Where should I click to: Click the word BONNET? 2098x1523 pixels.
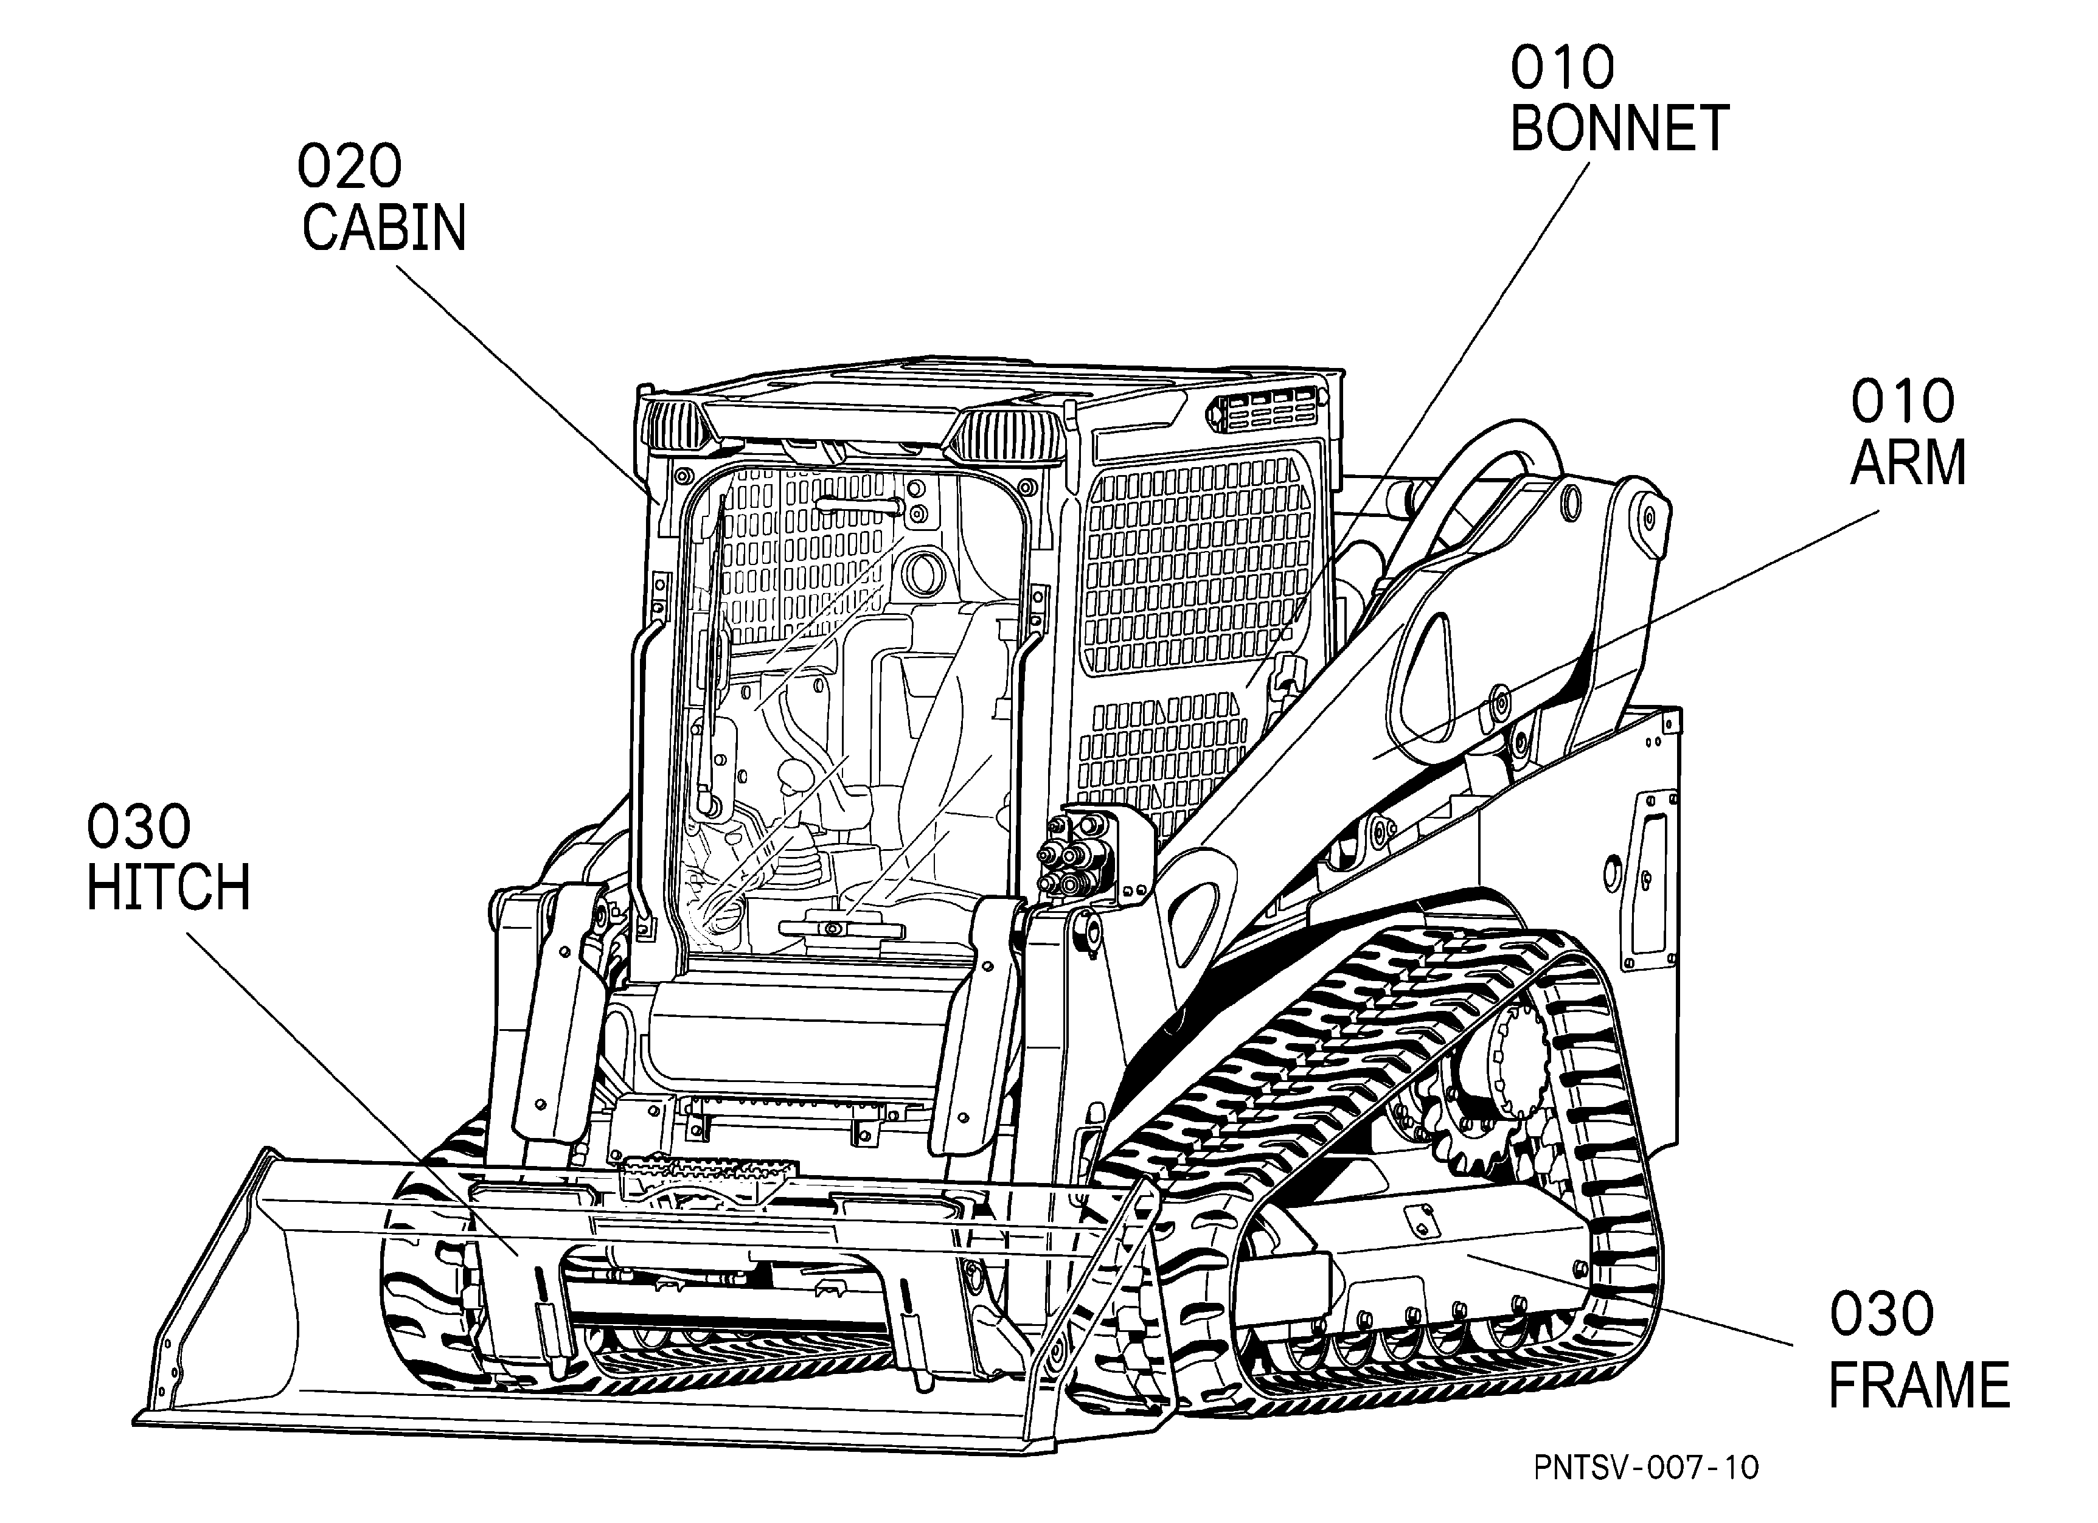pyautogui.click(x=1619, y=128)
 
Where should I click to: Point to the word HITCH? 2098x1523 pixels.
pyautogui.click(x=168, y=888)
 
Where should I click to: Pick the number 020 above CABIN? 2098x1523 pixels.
pyautogui.click(x=350, y=167)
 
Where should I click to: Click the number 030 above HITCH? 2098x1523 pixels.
pyautogui.click(x=139, y=827)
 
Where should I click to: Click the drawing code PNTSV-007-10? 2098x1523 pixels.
pyautogui.click(x=1645, y=1468)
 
